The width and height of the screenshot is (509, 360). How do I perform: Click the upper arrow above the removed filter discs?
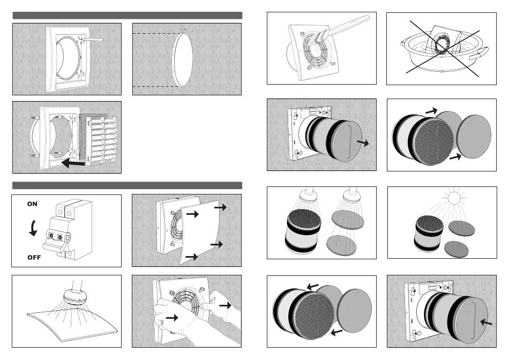pyautogui.click(x=430, y=111)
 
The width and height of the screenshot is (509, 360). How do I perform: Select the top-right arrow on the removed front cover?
pyautogui.click(x=220, y=207)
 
